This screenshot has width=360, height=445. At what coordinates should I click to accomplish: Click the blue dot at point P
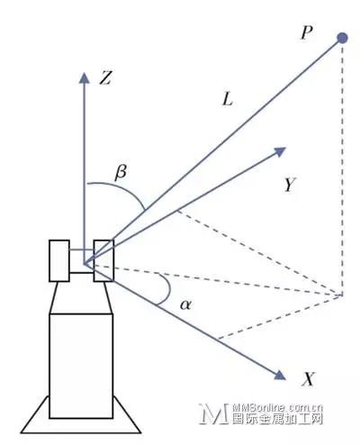(342, 38)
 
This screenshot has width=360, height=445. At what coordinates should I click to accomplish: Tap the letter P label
(307, 32)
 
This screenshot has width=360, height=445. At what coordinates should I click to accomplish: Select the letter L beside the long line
(228, 99)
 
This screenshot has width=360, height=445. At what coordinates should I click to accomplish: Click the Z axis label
(105, 77)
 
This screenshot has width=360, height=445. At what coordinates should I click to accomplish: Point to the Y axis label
(290, 185)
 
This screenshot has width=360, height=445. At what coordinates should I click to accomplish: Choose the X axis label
(308, 379)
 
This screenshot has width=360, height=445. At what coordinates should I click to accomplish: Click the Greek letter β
(121, 173)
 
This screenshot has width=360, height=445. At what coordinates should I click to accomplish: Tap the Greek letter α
(185, 304)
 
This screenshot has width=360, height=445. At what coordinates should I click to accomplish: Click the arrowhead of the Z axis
(85, 77)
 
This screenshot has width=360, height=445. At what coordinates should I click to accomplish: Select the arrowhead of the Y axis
(281, 151)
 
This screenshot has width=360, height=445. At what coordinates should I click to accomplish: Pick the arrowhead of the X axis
(280, 375)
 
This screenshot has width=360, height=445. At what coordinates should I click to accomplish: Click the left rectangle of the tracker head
(59, 260)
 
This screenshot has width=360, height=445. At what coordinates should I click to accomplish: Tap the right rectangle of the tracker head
(103, 260)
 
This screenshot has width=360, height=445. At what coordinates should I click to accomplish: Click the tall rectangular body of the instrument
(81, 366)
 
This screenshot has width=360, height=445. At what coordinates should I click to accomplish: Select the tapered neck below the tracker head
(81, 297)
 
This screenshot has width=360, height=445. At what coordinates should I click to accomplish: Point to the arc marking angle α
(169, 289)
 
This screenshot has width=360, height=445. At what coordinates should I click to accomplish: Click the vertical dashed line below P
(342, 169)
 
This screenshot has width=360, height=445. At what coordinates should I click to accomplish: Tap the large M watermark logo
(214, 413)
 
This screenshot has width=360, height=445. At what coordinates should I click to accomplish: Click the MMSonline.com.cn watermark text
(277, 407)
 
